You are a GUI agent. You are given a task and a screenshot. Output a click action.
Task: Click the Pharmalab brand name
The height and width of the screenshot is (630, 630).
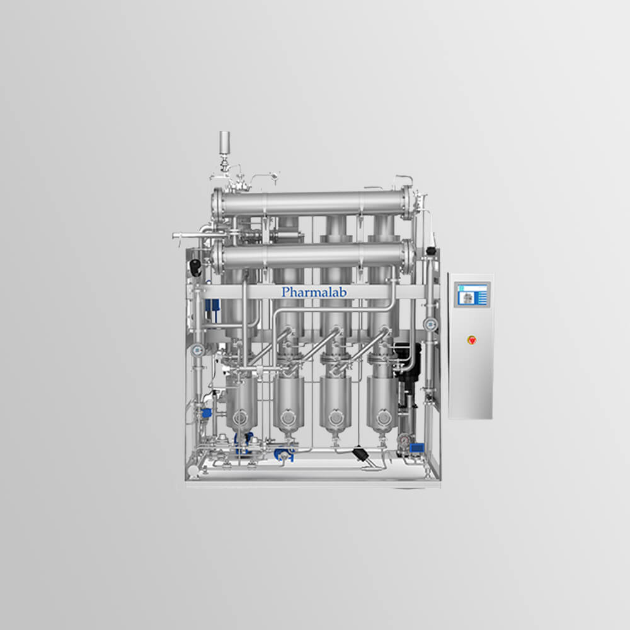314,292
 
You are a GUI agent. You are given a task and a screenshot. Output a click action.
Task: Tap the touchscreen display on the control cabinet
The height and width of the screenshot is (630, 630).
472,294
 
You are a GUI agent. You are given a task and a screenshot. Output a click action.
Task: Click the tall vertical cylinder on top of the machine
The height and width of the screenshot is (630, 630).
224,142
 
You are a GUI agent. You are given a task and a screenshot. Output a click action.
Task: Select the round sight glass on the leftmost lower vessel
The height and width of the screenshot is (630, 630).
240,418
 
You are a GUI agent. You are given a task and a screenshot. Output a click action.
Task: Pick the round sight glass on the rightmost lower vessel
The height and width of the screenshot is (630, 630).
383,418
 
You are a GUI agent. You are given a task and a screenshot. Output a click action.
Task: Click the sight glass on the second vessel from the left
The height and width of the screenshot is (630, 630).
288,418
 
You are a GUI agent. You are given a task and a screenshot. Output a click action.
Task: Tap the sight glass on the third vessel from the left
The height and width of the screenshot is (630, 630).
336,418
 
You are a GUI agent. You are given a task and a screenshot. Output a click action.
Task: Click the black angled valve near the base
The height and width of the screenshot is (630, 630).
361,454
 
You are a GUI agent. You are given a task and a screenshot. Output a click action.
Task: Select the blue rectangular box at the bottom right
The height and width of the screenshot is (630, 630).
416,447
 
